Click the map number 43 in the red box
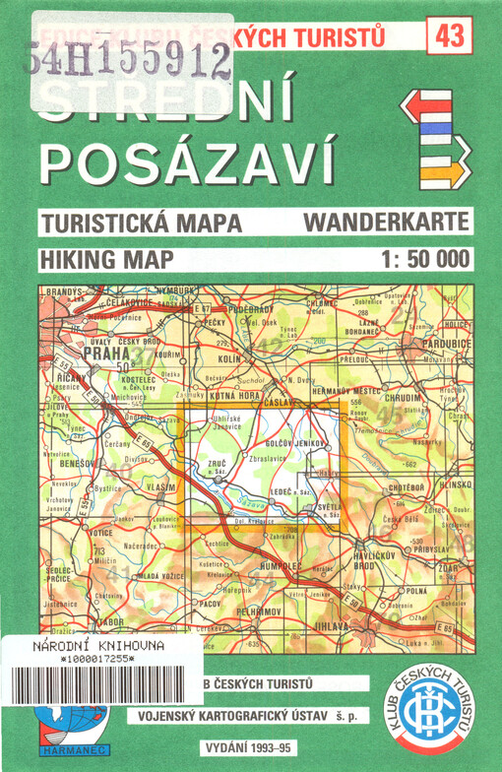click(450, 36)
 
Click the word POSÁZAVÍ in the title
click(188, 161)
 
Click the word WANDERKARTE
click(387, 222)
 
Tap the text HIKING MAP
click(107, 260)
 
